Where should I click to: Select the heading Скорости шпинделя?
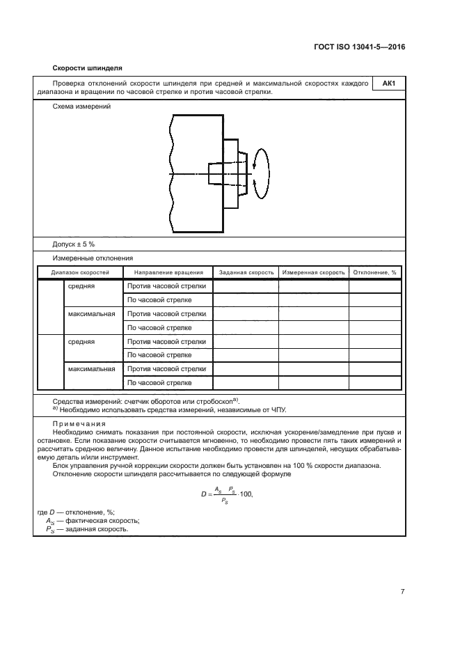tap(87, 68)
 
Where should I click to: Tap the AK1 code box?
tap(388, 84)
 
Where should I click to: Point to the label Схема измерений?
tap(81, 107)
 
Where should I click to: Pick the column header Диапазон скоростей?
tap(79, 272)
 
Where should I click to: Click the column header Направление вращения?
tap(168, 272)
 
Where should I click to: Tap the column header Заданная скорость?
tap(246, 272)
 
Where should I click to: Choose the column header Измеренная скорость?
tap(313, 272)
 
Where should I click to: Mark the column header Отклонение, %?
tap(374, 272)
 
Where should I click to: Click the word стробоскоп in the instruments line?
tap(212, 402)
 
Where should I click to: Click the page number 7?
tap(403, 591)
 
